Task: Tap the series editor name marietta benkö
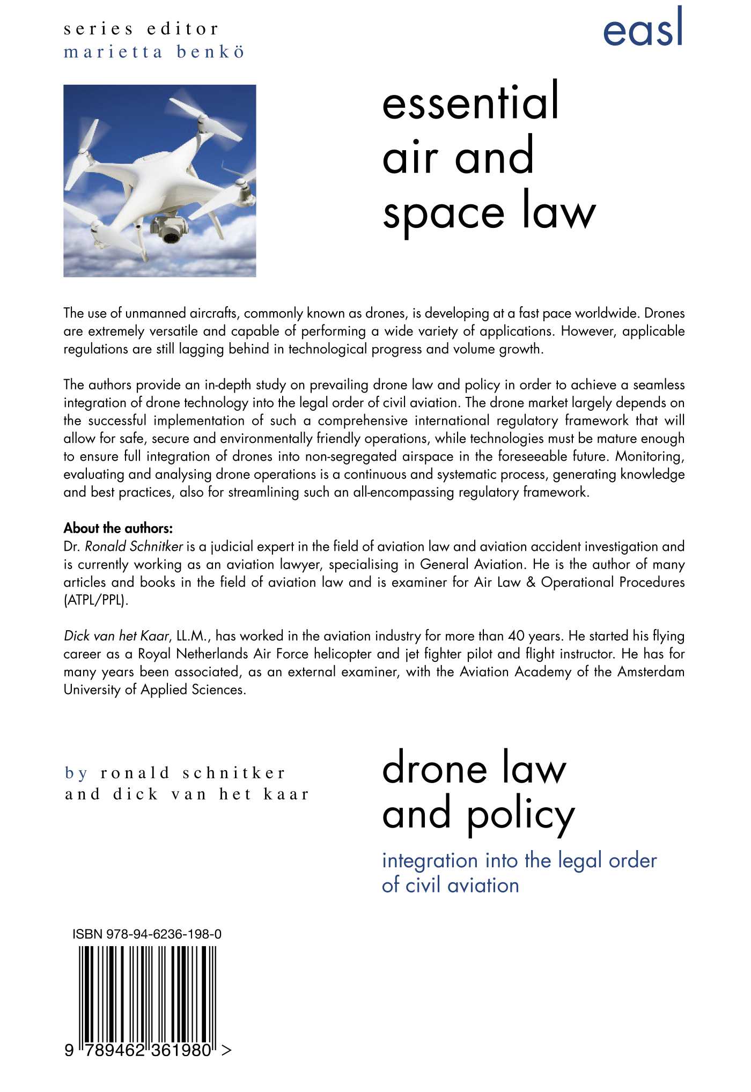click(154, 52)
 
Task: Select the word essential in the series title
click(470, 102)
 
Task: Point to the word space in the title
click(443, 214)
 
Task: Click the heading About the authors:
click(118, 528)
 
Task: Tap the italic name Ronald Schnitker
click(134, 547)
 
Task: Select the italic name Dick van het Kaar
click(116, 636)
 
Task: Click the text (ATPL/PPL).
click(97, 600)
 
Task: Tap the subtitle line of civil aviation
click(450, 885)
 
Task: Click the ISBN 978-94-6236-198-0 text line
click(147, 934)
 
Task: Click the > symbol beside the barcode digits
click(226, 1050)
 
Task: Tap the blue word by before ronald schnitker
click(76, 773)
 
